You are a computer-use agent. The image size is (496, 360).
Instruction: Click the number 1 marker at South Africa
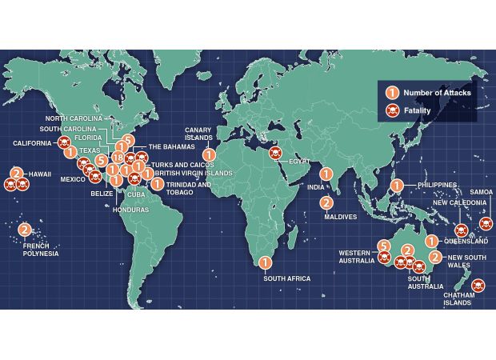266,262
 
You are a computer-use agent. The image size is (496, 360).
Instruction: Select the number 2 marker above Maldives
326,202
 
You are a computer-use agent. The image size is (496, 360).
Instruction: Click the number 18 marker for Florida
117,158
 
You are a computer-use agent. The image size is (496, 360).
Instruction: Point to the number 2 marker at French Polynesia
25,230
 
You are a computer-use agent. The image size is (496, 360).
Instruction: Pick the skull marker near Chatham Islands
478,285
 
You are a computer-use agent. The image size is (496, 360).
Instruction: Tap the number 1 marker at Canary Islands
209,154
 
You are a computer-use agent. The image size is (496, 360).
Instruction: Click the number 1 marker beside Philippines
395,185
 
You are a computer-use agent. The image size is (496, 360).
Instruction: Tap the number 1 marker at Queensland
431,240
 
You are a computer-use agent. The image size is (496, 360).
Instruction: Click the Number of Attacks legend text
437,93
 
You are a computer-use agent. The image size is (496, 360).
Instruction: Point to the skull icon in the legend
392,110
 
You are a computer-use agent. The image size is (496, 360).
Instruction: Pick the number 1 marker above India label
326,174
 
